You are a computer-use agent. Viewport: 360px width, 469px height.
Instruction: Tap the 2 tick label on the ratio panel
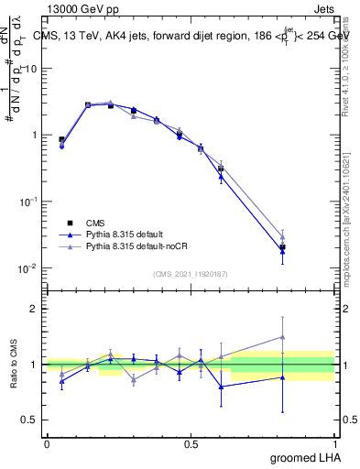click(34, 309)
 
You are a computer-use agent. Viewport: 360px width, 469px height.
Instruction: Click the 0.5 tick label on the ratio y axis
click(29, 420)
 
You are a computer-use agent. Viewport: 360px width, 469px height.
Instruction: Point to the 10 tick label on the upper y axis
click(31, 69)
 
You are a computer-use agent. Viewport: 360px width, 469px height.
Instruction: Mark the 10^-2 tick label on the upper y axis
click(29, 268)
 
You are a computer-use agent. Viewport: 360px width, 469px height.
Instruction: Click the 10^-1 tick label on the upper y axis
click(29, 202)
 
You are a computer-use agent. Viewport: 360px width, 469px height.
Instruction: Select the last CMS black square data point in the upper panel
click(282, 247)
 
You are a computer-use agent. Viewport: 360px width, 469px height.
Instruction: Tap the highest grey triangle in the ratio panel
click(282, 337)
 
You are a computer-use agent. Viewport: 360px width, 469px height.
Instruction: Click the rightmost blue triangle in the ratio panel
click(282, 376)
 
